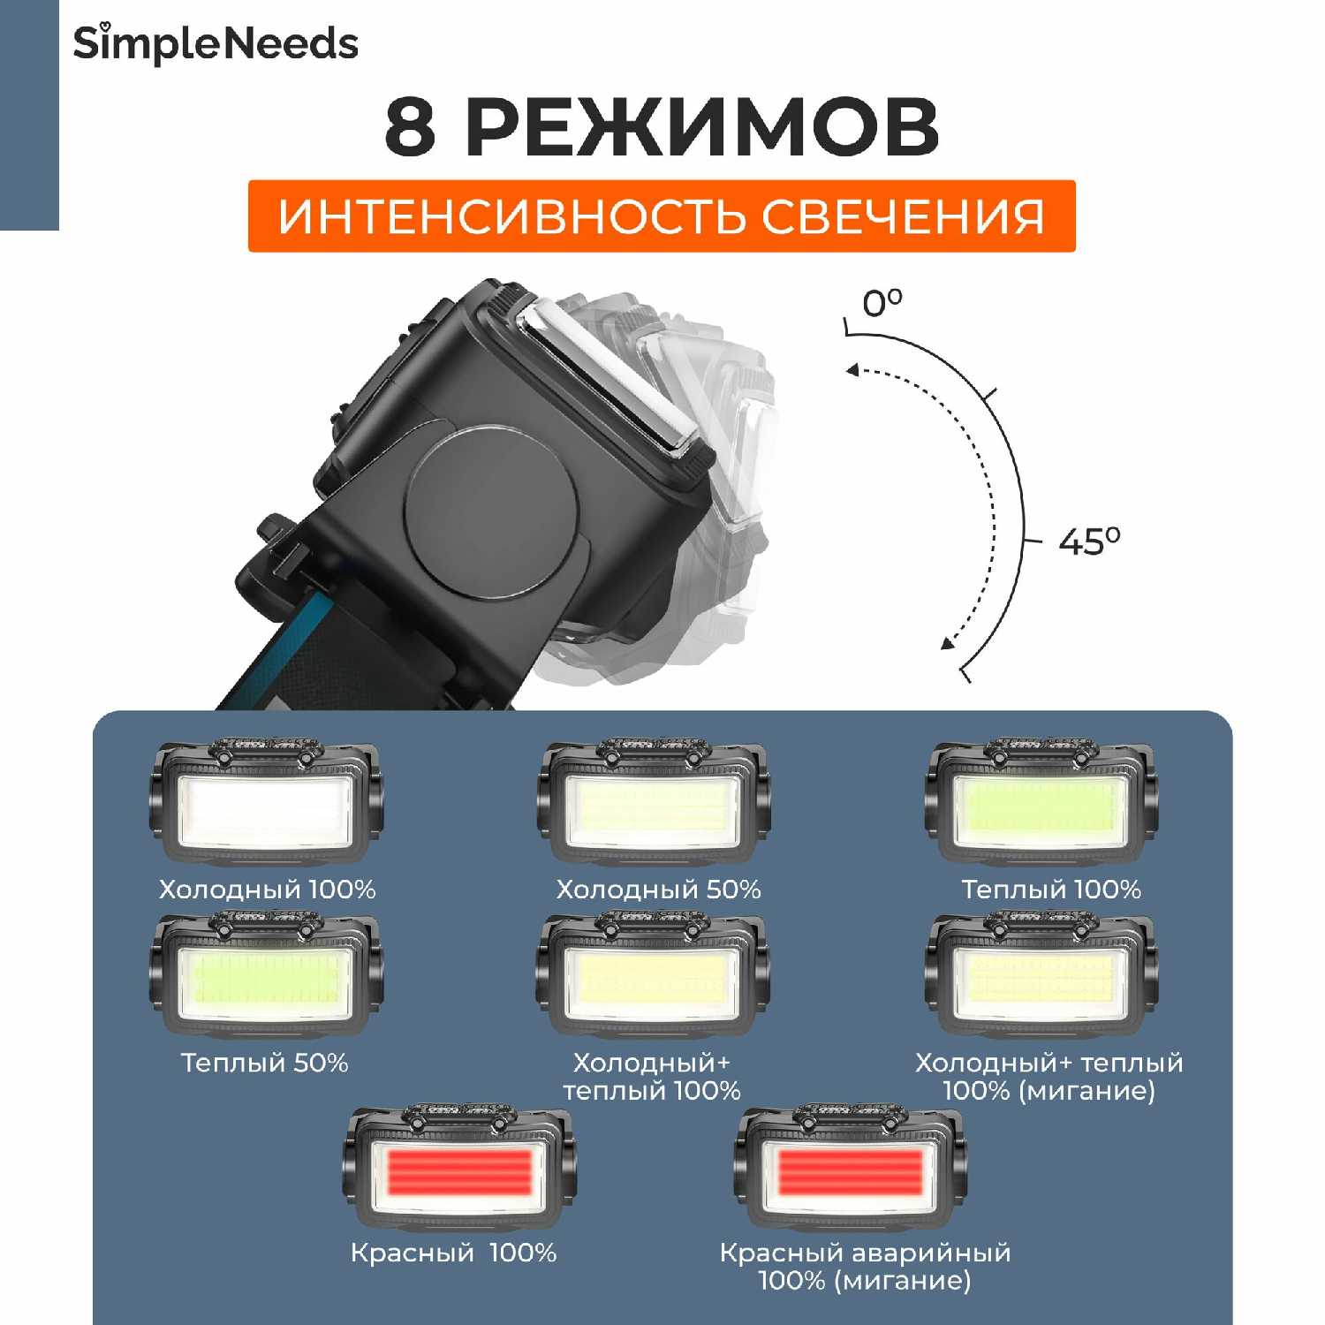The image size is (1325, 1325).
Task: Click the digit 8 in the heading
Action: click(411, 127)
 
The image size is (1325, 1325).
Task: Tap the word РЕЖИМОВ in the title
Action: click(701, 127)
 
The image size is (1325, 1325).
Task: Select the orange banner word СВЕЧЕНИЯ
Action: click(903, 216)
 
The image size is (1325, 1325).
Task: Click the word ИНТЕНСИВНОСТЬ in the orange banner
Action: click(513, 216)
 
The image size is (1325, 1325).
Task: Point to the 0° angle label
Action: click(882, 303)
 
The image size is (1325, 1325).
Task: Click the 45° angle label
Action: click(1088, 541)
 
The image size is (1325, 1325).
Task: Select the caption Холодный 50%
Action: click(658, 890)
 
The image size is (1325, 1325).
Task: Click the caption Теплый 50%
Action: click(264, 1063)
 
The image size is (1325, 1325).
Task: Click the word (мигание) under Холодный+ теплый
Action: click(1086, 1091)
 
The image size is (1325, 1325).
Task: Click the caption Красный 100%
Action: click(453, 1253)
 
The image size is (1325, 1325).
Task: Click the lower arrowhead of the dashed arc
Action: click(947, 642)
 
